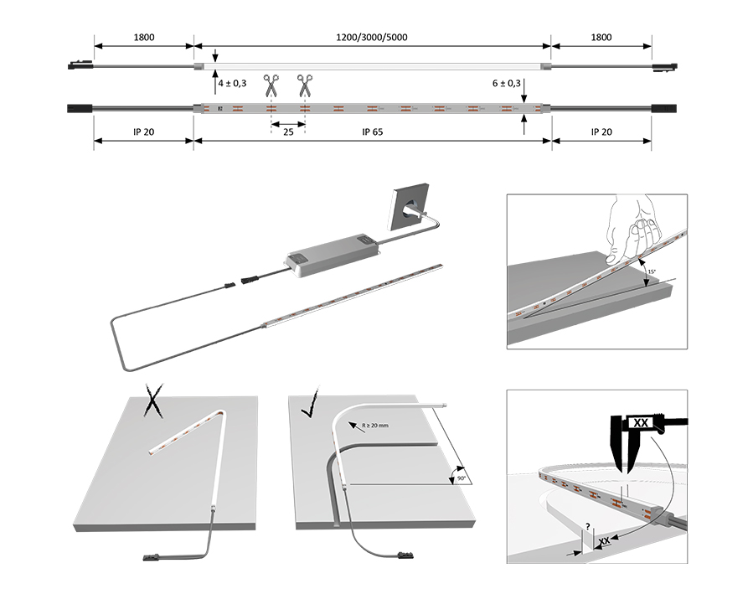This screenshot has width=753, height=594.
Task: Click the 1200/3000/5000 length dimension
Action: click(x=372, y=37)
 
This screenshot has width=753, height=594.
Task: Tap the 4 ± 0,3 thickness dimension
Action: click(x=232, y=84)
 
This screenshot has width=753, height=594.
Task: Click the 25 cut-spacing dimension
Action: click(x=287, y=132)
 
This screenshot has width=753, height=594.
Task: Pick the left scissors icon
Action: click(x=271, y=84)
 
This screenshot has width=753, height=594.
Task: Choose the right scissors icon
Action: click(x=304, y=84)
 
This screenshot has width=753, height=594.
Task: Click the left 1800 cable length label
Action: click(x=144, y=37)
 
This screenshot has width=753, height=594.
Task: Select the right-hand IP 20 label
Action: click(x=601, y=132)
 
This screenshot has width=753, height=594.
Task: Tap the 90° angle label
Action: click(x=461, y=478)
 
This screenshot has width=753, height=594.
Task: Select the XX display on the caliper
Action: click(x=642, y=422)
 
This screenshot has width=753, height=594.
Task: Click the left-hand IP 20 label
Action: click(x=143, y=132)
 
